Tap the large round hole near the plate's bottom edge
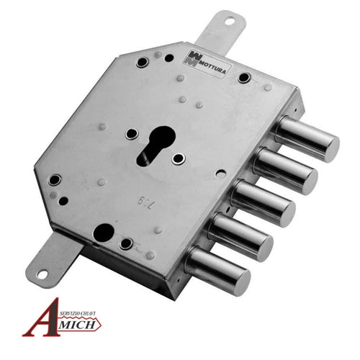[x=104, y=232]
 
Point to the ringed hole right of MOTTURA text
[x=246, y=76]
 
